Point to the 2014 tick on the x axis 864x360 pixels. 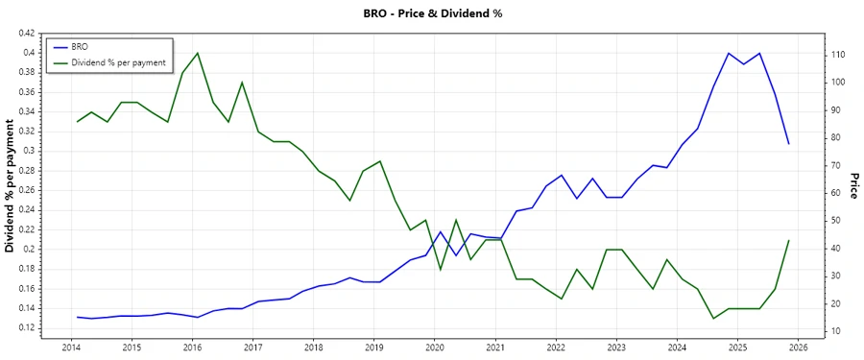click(x=71, y=347)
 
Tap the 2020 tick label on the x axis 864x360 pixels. click(x=435, y=347)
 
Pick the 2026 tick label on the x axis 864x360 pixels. click(x=799, y=347)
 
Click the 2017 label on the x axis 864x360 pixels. click(x=252, y=347)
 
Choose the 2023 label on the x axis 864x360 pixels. click(x=616, y=347)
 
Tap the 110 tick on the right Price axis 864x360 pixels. click(x=837, y=55)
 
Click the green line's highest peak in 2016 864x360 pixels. click(x=197, y=53)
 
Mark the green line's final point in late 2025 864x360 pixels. click(x=789, y=240)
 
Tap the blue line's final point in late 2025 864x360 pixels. click(x=789, y=144)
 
